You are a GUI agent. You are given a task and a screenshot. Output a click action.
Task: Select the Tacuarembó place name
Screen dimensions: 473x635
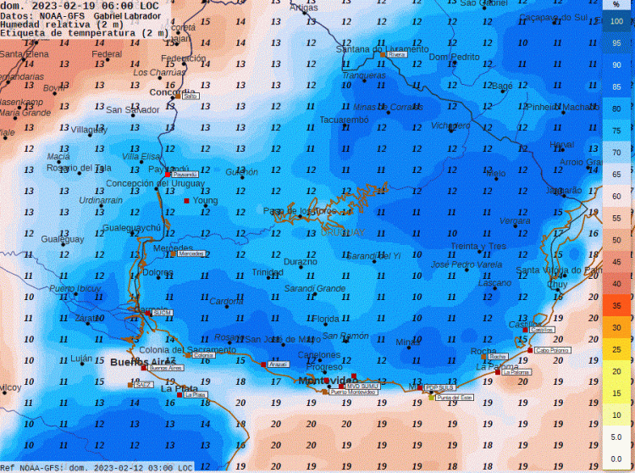[344, 120]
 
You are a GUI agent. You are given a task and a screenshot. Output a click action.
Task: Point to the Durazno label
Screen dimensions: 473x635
[301, 263]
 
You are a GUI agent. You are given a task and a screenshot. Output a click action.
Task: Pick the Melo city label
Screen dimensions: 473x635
[496, 174]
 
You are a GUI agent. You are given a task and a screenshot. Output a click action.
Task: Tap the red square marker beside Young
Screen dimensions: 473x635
[187, 201]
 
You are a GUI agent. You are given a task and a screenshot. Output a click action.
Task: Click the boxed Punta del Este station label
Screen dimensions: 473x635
[454, 397]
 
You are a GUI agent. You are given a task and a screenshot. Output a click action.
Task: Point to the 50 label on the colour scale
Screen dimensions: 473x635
[616, 240]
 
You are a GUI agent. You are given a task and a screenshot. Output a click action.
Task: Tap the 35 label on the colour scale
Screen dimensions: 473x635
[616, 306]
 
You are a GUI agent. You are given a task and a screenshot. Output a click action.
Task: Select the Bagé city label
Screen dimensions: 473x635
[502, 86]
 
